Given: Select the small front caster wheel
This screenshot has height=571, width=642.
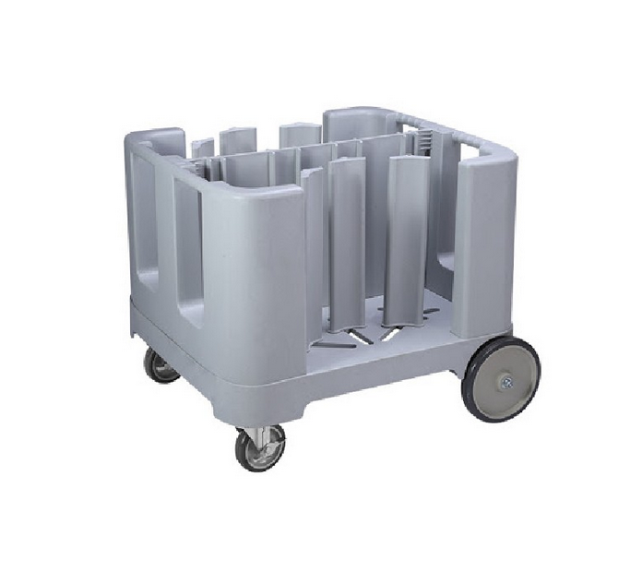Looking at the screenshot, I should pyautogui.click(x=261, y=449).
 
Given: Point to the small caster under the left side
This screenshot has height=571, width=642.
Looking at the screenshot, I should pyautogui.click(x=160, y=364).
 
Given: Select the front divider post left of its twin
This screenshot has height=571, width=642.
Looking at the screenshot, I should pyautogui.click(x=346, y=244).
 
